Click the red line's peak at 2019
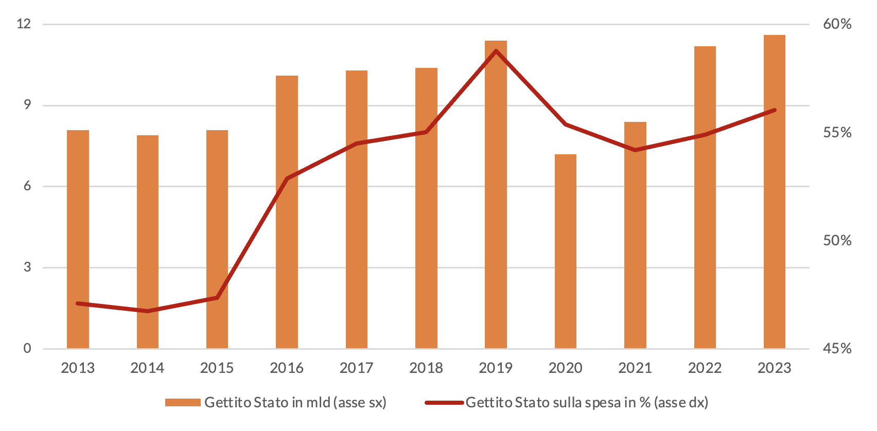pyautogui.click(x=496, y=51)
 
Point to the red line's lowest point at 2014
pyautogui.click(x=148, y=311)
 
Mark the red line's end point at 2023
pyautogui.click(x=774, y=110)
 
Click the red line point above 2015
pyautogui.click(x=217, y=298)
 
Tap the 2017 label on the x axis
pyautogui.click(x=356, y=368)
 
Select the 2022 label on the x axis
pyautogui.click(x=705, y=368)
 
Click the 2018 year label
pyautogui.click(x=426, y=368)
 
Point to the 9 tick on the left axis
pyautogui.click(x=27, y=105)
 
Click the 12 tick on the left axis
pyautogui.click(x=24, y=24)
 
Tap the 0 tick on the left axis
pyautogui.click(x=27, y=348)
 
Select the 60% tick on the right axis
pyautogui.click(x=837, y=24)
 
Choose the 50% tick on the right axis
pyautogui.click(x=837, y=241)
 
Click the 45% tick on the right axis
pyautogui.click(x=837, y=349)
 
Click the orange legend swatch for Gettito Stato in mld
pyautogui.click(x=183, y=402)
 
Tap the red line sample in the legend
pyautogui.click(x=444, y=402)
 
